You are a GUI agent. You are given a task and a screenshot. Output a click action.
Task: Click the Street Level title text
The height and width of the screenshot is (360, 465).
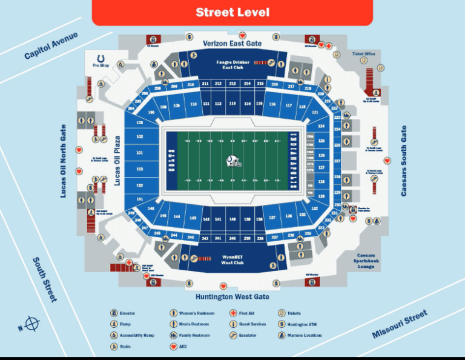[232, 12]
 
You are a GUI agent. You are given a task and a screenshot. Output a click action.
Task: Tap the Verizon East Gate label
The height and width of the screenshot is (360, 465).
[232, 44]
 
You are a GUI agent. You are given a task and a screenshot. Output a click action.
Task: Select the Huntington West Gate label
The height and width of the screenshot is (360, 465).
[232, 297]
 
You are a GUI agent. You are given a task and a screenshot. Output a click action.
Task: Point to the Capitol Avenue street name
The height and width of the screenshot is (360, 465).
[51, 45]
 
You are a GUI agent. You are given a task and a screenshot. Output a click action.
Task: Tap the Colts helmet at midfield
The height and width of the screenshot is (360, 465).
[233, 161]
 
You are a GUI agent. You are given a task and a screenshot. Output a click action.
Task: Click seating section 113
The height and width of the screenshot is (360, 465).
[232, 104]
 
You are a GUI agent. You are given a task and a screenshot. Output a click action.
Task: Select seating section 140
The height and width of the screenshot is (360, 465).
[232, 219]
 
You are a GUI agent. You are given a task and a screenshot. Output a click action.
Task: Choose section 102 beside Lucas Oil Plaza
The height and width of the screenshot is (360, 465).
[140, 137]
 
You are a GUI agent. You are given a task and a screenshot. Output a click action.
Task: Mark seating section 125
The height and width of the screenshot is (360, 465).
[321, 140]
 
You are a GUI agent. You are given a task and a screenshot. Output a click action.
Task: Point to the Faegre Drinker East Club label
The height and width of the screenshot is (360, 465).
[232, 64]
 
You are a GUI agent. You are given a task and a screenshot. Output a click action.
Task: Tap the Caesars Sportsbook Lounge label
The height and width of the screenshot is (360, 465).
[366, 261]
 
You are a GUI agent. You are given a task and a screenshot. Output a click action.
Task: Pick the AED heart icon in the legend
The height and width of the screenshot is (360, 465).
[173, 347]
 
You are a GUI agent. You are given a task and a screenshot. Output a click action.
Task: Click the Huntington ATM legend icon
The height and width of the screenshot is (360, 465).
[282, 324]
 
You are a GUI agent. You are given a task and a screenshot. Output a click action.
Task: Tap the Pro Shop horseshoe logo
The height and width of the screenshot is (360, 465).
[100, 56]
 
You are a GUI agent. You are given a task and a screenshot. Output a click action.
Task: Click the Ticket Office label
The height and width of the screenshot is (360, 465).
[364, 54]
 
